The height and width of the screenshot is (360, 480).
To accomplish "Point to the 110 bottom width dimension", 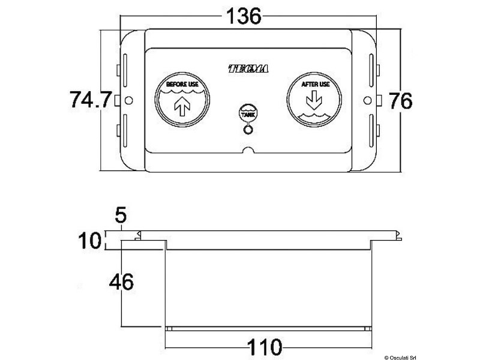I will coord(265,346).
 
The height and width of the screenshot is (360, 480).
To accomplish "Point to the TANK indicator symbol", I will coord(247,113).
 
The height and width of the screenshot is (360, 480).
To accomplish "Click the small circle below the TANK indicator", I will coord(247,127).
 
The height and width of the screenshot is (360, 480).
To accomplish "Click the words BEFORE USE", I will coord(182,85).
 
